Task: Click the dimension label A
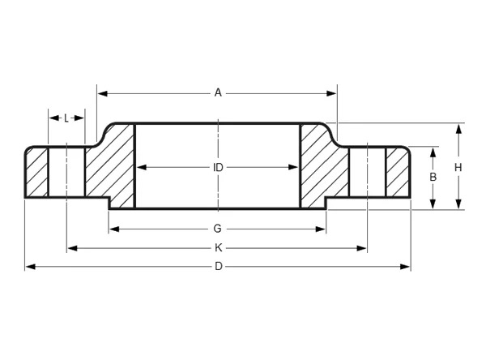point(217,93)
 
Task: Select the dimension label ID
point(217,168)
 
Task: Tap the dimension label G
point(217,229)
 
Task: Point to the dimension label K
point(217,248)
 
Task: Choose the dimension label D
point(217,267)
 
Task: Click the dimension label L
point(66,118)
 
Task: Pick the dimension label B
point(433,177)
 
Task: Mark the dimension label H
point(458,167)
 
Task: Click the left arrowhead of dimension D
point(29,267)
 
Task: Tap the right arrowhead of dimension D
point(407,267)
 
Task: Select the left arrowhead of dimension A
point(101,93)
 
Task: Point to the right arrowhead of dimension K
point(364,248)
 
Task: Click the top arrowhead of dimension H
point(458,127)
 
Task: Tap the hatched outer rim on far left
point(36,173)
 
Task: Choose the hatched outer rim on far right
point(398,173)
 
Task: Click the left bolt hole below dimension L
point(66,172)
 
